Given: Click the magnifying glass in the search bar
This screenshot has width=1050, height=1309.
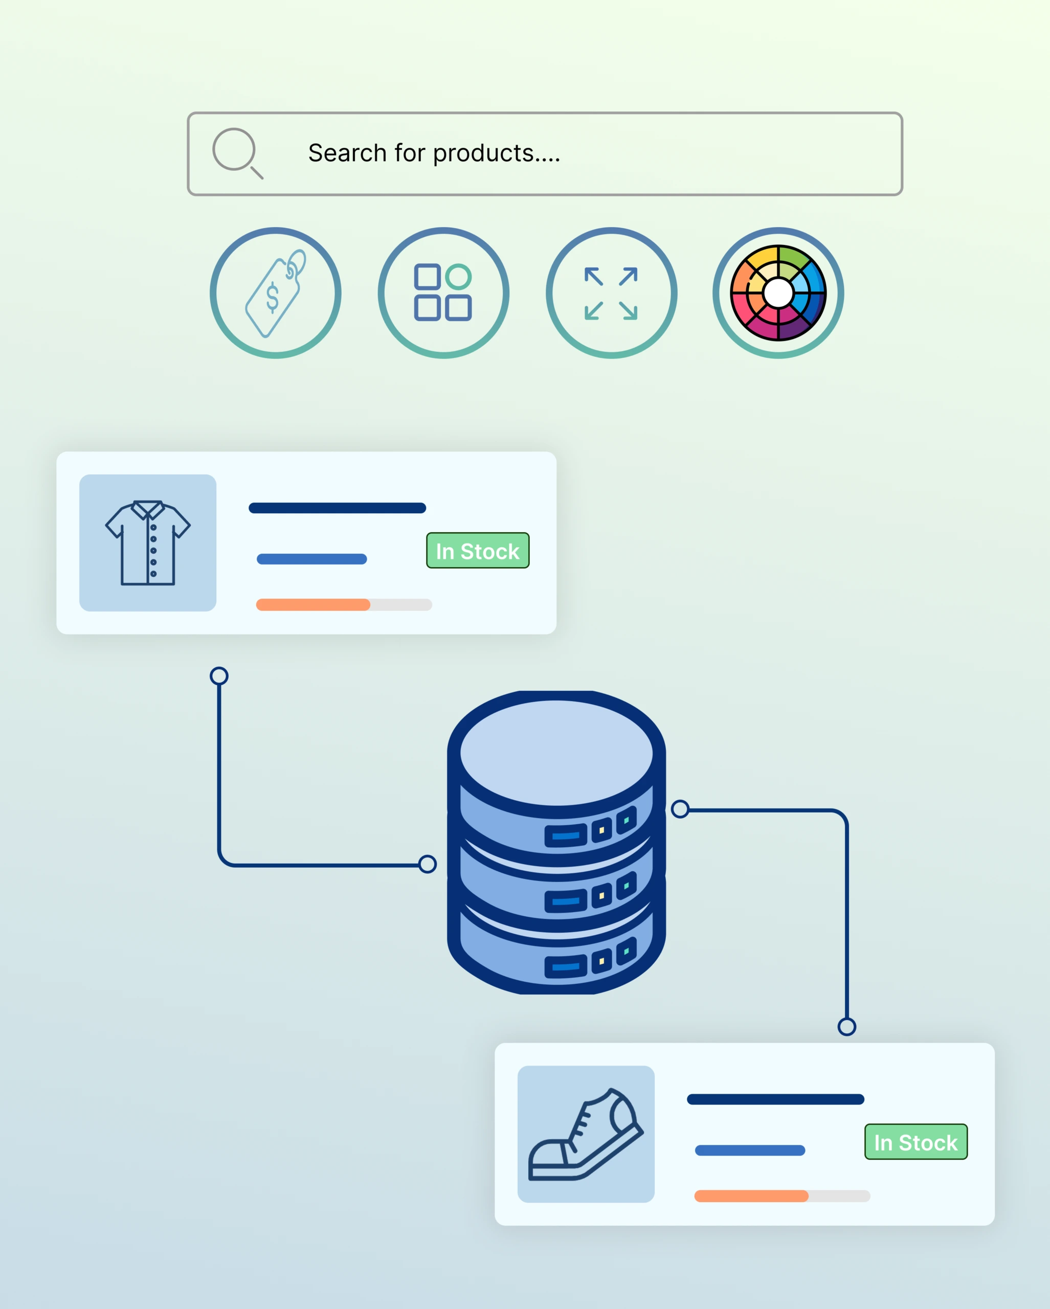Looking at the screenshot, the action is coord(237,153).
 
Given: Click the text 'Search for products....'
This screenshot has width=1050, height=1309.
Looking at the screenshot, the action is coord(434,153).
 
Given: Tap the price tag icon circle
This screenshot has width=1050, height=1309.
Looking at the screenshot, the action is coord(276,294).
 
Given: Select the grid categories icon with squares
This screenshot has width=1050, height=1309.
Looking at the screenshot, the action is coord(443,294).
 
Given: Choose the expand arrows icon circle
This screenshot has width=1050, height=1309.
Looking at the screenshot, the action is coord(612,294).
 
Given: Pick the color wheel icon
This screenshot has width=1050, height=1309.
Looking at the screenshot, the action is coord(778,294).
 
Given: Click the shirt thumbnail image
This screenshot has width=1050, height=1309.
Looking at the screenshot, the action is coord(148,543).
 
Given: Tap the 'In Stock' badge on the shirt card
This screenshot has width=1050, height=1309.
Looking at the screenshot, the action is coord(478,551).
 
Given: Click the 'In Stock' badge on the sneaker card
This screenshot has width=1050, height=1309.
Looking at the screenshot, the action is coord(917,1142).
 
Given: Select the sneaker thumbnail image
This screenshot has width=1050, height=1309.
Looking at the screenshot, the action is coord(586,1134).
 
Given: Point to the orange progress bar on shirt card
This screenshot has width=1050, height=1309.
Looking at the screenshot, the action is coord(314,605).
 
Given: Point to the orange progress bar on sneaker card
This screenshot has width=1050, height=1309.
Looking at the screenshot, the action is coord(752,1196).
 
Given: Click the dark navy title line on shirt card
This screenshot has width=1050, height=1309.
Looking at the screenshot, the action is coord(338,508).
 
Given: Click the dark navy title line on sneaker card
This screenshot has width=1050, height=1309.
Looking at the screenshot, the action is coord(776,1099).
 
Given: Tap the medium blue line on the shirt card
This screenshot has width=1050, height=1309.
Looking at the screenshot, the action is coord(312,559).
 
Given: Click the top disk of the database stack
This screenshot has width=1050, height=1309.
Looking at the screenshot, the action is coord(557,753).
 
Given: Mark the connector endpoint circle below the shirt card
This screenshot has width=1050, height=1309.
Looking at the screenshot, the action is coord(219,676).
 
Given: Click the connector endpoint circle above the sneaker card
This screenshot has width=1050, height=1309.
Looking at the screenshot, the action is coord(847,1027).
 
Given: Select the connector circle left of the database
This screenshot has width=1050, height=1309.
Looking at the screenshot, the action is coord(428,864).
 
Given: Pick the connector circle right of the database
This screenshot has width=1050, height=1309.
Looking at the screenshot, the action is coord(680,809).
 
